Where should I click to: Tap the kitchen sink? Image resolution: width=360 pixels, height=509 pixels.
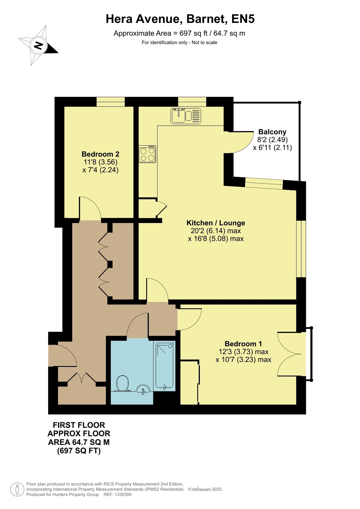click(x=186, y=116)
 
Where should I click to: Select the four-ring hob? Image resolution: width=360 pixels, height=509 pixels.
click(x=147, y=154)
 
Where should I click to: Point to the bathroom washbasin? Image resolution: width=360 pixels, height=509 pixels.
click(x=143, y=389)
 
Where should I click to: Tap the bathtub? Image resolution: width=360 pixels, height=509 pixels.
click(x=165, y=366)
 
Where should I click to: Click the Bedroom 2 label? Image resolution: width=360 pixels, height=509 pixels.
click(x=101, y=154)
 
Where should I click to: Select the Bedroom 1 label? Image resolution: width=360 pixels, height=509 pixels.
click(x=243, y=344)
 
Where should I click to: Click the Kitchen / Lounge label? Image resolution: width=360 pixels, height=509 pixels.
click(x=216, y=223)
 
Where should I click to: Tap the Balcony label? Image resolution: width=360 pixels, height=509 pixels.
click(x=272, y=132)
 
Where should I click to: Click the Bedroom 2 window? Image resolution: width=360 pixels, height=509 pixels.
click(x=111, y=102)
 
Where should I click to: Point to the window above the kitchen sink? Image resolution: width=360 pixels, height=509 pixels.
click(x=192, y=102)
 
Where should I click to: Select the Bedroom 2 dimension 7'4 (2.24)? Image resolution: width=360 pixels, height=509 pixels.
click(x=101, y=170)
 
